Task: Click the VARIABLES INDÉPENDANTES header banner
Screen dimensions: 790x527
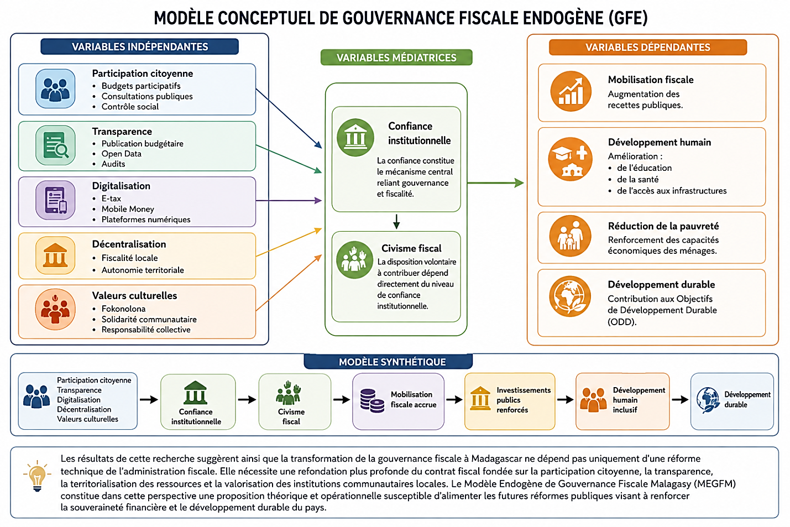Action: tap(140, 46)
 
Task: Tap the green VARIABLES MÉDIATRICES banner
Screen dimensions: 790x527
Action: tap(396, 58)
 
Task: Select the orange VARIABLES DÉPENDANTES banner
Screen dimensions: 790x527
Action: tap(648, 47)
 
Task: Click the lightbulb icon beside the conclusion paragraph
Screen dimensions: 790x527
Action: tap(37, 476)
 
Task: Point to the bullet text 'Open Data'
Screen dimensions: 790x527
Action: tap(121, 154)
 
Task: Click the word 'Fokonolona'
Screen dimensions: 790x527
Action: tap(123, 309)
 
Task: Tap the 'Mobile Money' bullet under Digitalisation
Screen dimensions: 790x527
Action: tap(128, 209)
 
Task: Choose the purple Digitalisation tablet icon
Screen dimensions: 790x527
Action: tap(55, 200)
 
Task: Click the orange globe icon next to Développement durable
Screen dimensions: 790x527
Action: tap(570, 296)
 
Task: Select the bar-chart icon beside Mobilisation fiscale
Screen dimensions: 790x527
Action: tap(571, 91)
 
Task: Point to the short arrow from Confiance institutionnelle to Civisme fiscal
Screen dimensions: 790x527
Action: tap(396, 222)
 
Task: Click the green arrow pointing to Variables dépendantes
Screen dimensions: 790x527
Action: tap(495, 182)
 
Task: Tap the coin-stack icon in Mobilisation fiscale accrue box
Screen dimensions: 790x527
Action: tap(372, 401)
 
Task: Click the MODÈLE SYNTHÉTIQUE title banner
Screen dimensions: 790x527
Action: tap(388, 362)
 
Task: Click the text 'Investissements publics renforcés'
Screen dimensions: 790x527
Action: tap(524, 400)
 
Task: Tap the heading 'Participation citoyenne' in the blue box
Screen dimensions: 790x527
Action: tap(143, 74)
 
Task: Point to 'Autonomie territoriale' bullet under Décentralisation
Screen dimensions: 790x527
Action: tap(143, 270)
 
